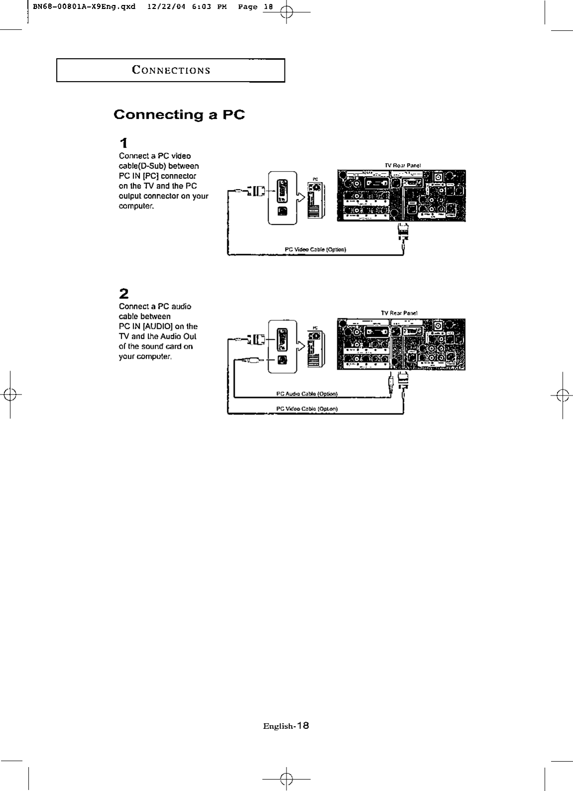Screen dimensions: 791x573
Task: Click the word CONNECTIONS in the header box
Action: (x=171, y=70)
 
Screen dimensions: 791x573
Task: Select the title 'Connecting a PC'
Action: (x=179, y=115)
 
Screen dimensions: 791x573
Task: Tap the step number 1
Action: (x=124, y=144)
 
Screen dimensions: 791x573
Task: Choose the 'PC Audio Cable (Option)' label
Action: (x=307, y=394)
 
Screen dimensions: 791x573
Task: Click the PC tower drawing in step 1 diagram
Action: (x=315, y=200)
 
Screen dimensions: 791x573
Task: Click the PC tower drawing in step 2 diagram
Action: (x=315, y=348)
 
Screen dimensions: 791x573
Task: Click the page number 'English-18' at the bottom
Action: (x=286, y=725)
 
